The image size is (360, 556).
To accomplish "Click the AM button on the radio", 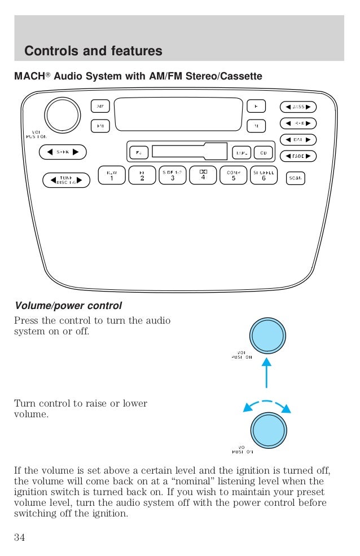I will coord(100,107).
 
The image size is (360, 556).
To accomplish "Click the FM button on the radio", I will coord(100,126).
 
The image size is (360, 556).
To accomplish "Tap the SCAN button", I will coord(295,178).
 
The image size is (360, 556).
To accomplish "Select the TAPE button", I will coord(242,152).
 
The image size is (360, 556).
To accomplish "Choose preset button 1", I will coord(111,175).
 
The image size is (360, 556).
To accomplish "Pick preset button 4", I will coord(203,175).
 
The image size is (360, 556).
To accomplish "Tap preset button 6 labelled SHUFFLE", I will coord(264,175).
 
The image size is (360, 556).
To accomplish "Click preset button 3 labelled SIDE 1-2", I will coord(172,175).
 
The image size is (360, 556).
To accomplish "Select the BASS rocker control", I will coord(298,107).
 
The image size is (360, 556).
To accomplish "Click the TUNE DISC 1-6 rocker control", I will coord(67,180).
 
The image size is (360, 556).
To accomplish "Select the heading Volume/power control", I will coord(68,306).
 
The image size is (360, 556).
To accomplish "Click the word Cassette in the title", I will coord(242,76).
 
